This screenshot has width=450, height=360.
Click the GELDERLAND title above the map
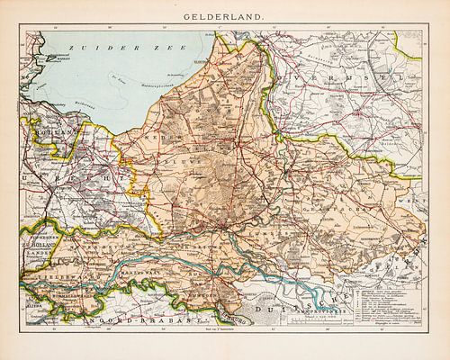pos(225,15)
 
